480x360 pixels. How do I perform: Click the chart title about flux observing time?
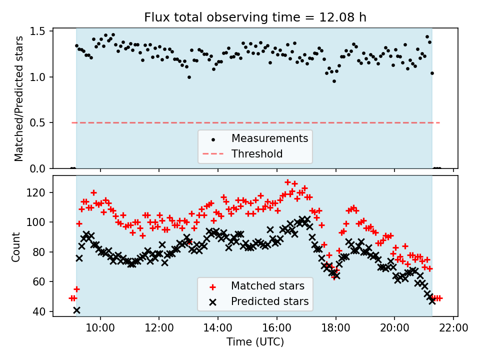pyautogui.click(x=255, y=17)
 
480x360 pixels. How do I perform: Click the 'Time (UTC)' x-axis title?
pyautogui.click(x=255, y=342)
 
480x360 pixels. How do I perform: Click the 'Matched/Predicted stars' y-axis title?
pyautogui.click(x=19, y=98)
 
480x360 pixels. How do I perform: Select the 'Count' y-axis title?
pyautogui.click(x=16, y=246)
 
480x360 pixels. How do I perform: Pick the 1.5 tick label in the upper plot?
pyautogui.click(x=39, y=31)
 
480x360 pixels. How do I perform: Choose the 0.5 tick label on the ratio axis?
pyautogui.click(x=39, y=123)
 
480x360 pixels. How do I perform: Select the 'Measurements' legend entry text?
pyautogui.click(x=269, y=138)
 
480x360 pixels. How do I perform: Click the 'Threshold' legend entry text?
pyautogui.click(x=257, y=154)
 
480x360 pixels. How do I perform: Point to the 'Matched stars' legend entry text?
pyautogui.click(x=267, y=286)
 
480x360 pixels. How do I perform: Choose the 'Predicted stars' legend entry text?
pyautogui.click(x=270, y=302)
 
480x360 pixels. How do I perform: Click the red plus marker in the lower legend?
pyautogui.click(x=212, y=287)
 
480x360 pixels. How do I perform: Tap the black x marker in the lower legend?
pyautogui.click(x=212, y=302)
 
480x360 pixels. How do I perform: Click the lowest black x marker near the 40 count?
pyautogui.click(x=76, y=310)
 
